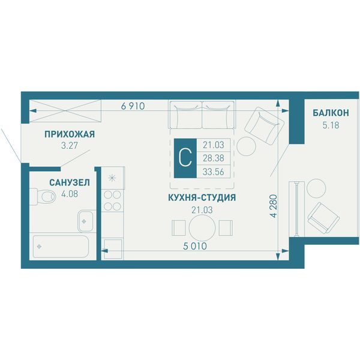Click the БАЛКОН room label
(331, 113)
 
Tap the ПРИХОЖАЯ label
(70, 134)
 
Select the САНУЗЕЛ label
(70, 182)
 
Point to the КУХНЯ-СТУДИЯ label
(202, 197)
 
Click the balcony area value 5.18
(331, 125)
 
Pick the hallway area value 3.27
(70, 146)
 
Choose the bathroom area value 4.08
(70, 194)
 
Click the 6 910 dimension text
(133, 106)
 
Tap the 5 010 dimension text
(195, 247)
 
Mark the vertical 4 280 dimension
(274, 206)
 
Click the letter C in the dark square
(185, 158)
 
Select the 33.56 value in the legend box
(213, 172)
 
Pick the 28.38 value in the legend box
(213, 158)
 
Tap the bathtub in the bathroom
(61, 247)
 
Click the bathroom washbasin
(85, 221)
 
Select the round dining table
(202, 227)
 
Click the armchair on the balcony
(323, 218)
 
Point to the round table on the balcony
(316, 188)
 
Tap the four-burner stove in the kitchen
(112, 200)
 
